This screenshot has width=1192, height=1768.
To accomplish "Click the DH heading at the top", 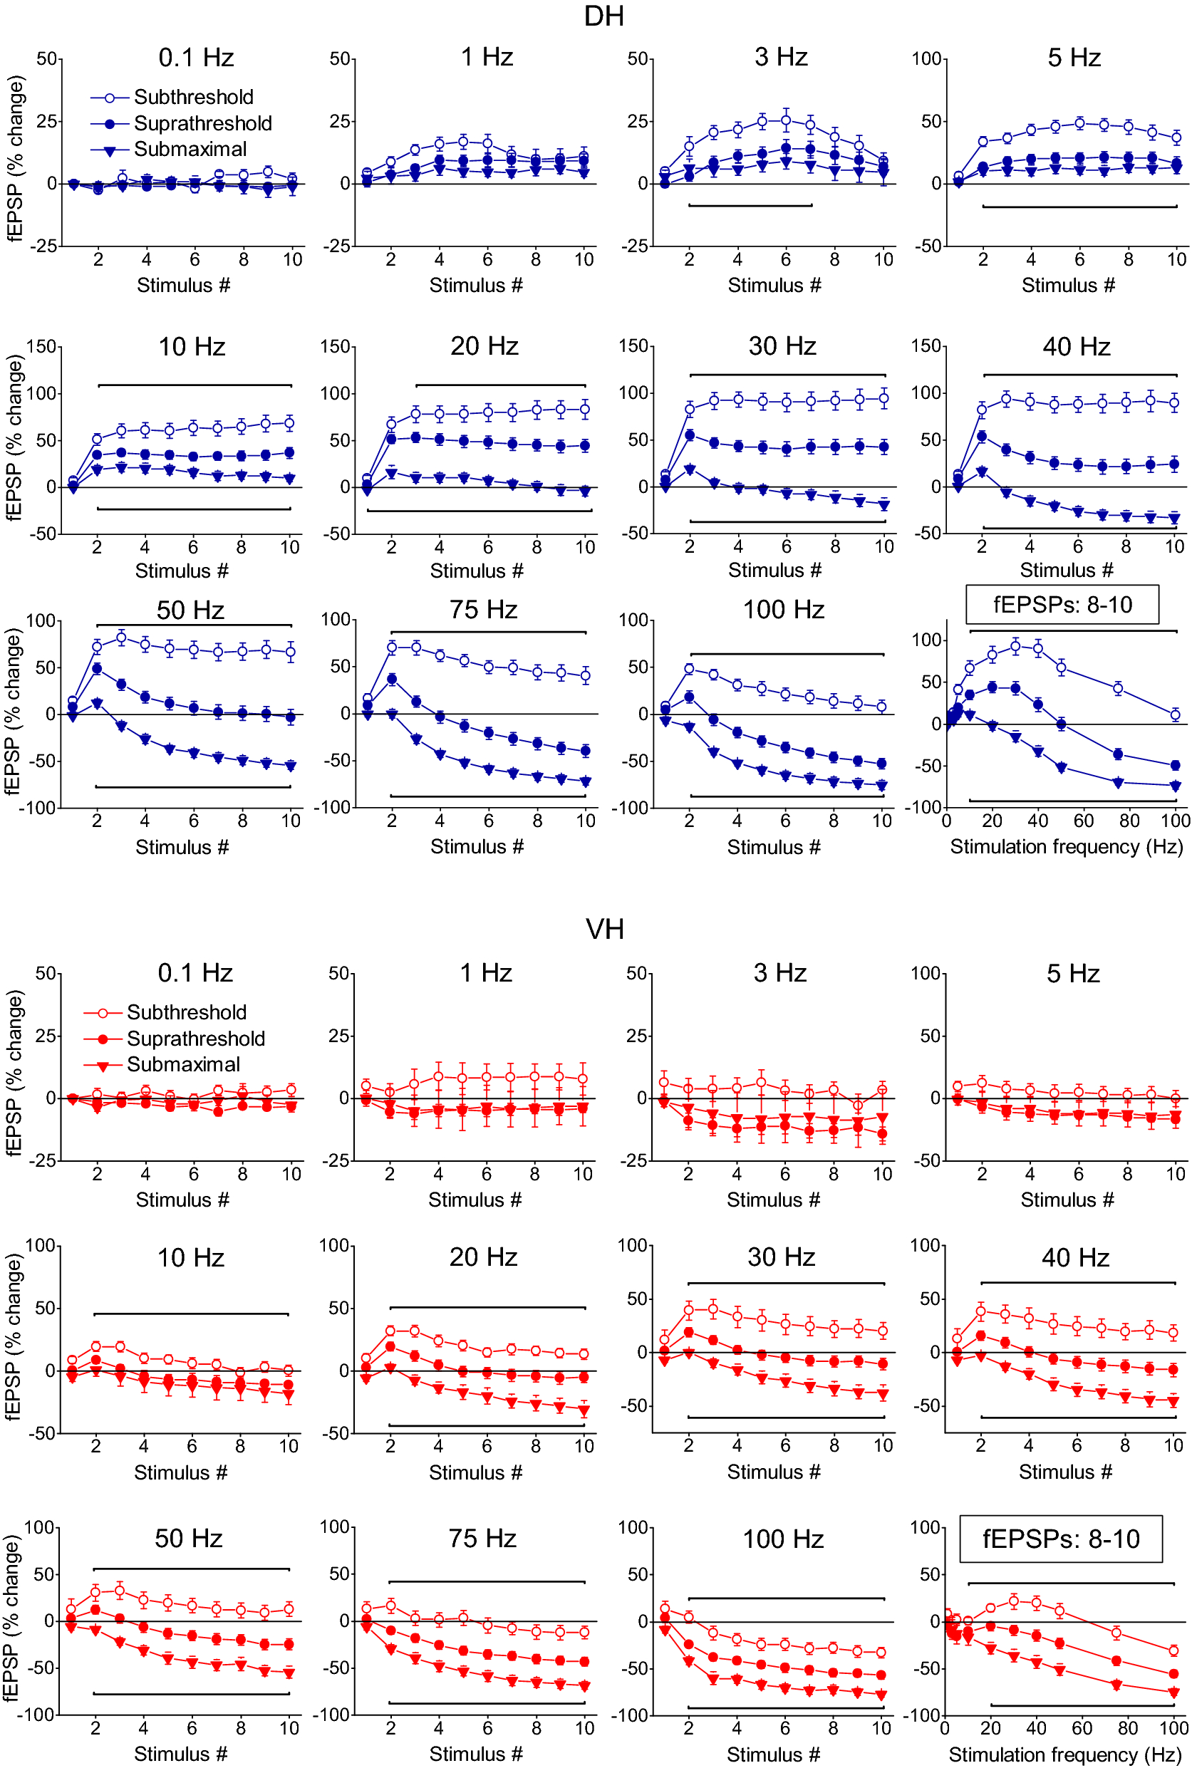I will coord(603,16).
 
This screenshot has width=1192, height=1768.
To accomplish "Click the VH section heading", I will coord(604,929).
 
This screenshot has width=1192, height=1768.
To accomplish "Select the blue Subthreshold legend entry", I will coord(193,98).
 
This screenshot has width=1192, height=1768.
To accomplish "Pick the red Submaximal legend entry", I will coord(182,1064).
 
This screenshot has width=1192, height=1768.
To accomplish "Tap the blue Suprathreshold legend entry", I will coord(202,123).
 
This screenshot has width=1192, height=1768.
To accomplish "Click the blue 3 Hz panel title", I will coord(781,57).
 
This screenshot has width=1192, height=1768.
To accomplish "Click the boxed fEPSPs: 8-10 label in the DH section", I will coord(1062,604).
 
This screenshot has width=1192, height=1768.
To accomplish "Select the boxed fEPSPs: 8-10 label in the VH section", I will coord(1060,1539).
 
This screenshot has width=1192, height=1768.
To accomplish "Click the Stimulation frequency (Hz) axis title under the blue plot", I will coord(1066,846).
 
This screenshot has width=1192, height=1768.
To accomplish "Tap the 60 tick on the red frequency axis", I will coord(1082,1727).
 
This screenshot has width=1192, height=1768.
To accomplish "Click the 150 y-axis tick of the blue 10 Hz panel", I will coord(42,348).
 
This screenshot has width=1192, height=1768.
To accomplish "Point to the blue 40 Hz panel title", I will coord(1076,347).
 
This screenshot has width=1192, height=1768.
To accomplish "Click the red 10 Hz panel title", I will coord(190,1257).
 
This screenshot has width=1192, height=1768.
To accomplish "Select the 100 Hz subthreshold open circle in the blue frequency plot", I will coord(1174,714).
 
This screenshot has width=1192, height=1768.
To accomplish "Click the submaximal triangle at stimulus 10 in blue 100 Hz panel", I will coord(882,786).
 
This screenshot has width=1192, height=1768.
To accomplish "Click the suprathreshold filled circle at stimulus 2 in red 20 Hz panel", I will coord(390,1346).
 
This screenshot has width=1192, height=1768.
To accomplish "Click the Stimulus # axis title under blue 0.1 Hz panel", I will coord(183,285).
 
